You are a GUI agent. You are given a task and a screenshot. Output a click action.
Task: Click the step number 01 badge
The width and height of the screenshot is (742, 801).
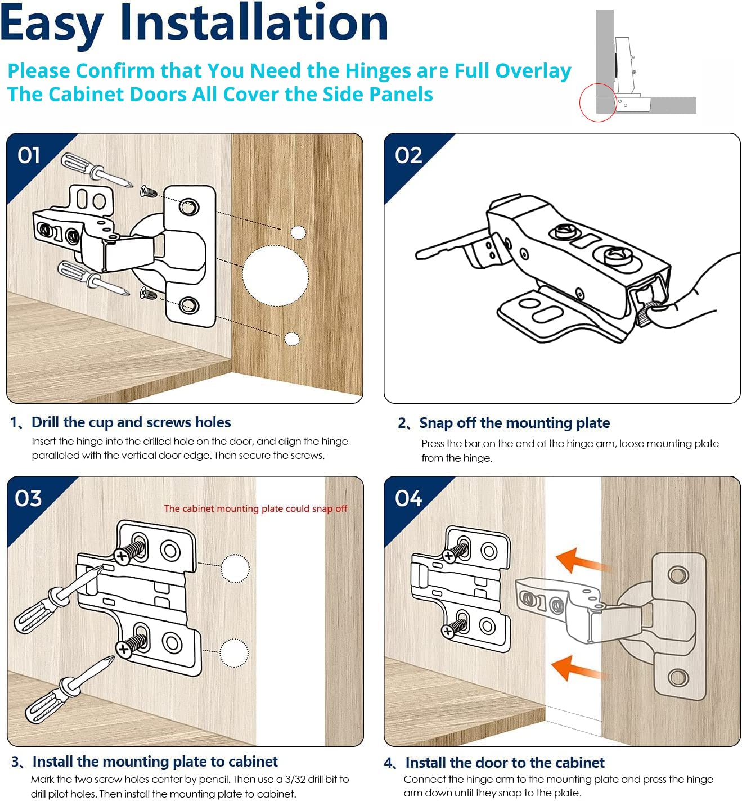point(29,155)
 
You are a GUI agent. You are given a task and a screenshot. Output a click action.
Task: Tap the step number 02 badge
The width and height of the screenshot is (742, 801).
point(408,155)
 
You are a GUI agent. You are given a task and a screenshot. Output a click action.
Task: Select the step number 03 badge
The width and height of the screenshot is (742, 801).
point(29,498)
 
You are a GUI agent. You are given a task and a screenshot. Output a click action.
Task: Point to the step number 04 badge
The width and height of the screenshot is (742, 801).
point(408,498)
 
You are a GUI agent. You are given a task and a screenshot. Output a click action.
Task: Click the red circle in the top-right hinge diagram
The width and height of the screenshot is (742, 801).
point(598,102)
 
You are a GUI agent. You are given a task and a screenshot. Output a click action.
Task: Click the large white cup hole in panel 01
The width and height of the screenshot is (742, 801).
point(276,276)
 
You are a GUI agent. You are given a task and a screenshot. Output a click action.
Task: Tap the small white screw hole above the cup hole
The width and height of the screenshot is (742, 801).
point(298,232)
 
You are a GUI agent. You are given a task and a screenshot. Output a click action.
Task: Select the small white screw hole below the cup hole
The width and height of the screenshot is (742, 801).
point(292,339)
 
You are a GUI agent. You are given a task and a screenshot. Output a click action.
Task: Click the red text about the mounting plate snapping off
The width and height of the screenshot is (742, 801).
point(255,508)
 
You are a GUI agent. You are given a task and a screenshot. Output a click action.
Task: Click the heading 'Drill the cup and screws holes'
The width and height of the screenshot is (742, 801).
point(131,422)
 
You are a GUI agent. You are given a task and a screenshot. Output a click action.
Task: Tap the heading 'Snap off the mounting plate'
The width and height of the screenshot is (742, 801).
point(514,423)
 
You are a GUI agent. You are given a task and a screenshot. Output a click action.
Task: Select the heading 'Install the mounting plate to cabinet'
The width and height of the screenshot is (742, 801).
point(155,762)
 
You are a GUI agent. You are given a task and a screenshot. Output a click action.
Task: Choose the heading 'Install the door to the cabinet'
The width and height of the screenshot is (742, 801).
point(505,763)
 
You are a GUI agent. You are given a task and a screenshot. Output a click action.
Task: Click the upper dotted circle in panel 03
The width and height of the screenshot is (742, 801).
point(235,569)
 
